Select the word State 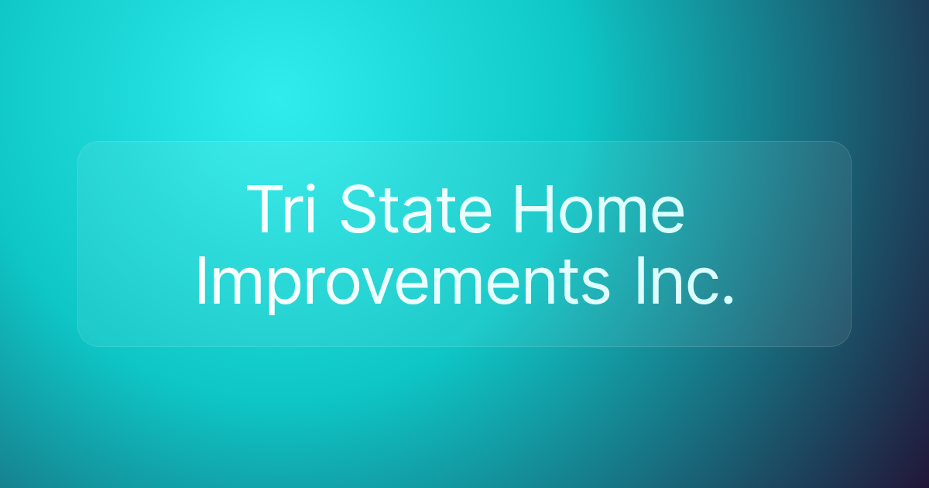(415, 210)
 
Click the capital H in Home (530, 210)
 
